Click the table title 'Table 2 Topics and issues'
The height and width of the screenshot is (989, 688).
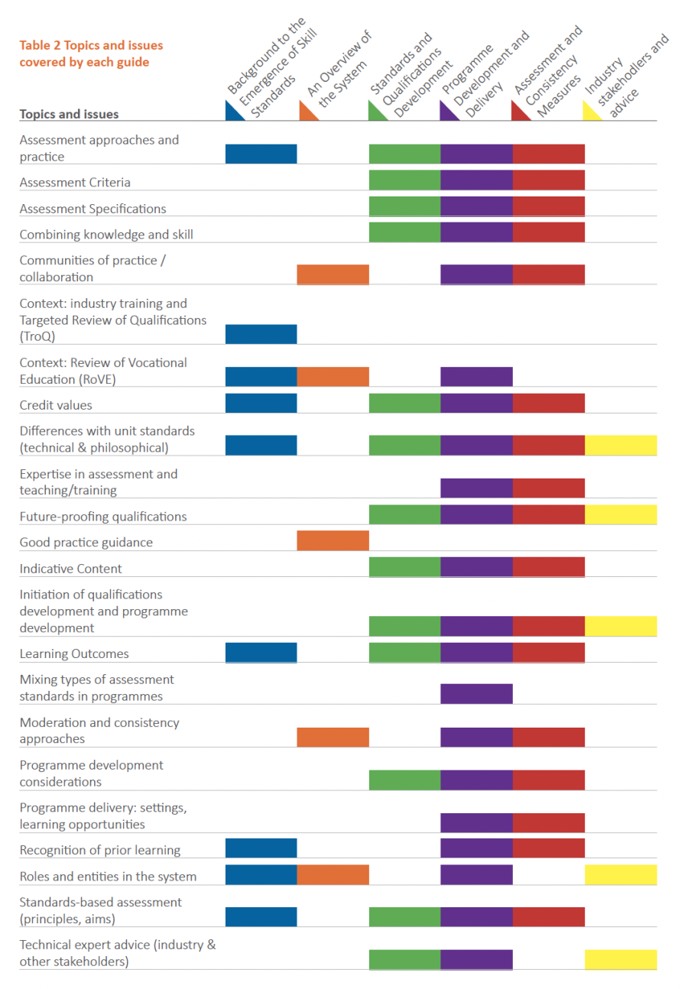tap(91, 45)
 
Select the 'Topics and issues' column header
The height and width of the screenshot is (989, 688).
tap(69, 115)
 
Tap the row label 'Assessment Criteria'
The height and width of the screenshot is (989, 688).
tap(75, 183)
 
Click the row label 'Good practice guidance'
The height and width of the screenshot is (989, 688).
tap(86, 543)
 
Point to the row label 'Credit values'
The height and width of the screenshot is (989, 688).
tap(56, 405)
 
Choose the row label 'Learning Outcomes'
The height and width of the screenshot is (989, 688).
tap(74, 653)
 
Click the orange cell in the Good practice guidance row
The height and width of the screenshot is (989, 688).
tap(333, 541)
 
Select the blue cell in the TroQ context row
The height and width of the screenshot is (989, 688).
tap(261, 334)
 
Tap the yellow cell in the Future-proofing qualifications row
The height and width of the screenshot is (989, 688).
tap(621, 514)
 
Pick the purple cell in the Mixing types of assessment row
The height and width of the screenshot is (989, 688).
tap(476, 694)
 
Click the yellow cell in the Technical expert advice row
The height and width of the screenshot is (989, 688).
tap(621, 959)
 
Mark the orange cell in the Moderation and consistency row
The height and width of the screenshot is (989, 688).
tap(333, 737)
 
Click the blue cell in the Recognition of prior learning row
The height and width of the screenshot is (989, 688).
tap(261, 848)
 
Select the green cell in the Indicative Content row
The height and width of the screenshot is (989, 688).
tap(404, 566)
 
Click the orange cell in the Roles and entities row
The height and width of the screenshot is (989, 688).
tap(333, 875)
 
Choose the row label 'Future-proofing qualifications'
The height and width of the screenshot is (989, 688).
tap(102, 517)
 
